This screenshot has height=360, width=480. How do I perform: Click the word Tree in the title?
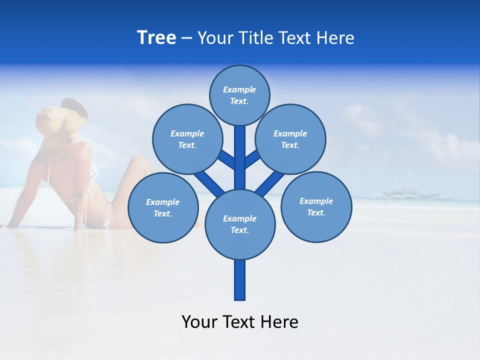coord(156,37)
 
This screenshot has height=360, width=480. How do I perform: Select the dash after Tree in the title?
coord(187,38)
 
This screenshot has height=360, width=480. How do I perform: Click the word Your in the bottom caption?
coord(200,322)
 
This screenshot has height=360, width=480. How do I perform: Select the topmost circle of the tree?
coord(239,95)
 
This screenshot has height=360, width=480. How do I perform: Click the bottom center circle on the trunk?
coord(240,224)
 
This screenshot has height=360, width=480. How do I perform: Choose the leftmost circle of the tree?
coord(163,208)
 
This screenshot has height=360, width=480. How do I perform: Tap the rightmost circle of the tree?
coord(316,207)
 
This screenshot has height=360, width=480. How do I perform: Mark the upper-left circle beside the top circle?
coord(187,139)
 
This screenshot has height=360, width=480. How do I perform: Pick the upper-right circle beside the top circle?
coord(290,139)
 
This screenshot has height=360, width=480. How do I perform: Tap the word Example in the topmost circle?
coord(239,90)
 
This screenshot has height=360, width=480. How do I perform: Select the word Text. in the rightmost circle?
coord(316,213)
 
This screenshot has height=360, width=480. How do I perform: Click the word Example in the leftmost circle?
coord(162,202)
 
